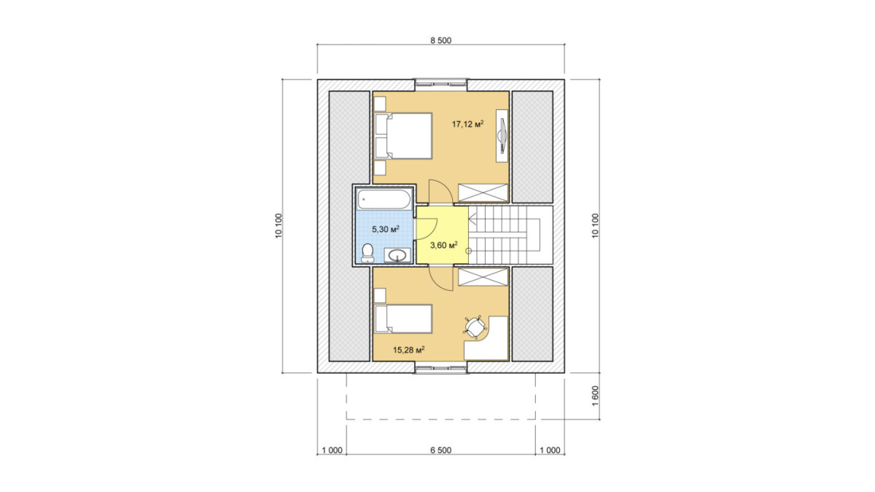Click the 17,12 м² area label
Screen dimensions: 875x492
pyautogui.click(x=467, y=124)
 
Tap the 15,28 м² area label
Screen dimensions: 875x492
pyautogui.click(x=408, y=350)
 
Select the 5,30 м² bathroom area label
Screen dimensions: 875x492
pyautogui.click(x=386, y=229)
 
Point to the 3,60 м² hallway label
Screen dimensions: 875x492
pyautogui.click(x=444, y=245)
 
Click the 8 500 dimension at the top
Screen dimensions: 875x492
pyautogui.click(x=440, y=41)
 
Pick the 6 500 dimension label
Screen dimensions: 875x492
pyautogui.click(x=440, y=450)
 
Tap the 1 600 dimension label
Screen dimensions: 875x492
pyautogui.click(x=595, y=396)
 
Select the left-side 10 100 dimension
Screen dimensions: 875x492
pyautogui.click(x=279, y=226)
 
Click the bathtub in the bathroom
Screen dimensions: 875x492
pyautogui.click(x=384, y=199)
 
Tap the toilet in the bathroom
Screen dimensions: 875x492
pyautogui.click(x=367, y=253)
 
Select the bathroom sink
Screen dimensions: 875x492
pyautogui.click(x=397, y=255)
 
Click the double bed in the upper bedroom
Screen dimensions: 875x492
pyautogui.click(x=403, y=136)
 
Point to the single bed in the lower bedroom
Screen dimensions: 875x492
pyautogui.click(x=403, y=319)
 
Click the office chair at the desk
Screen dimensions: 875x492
pyautogui.click(x=475, y=327)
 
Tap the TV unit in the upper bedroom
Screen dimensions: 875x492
pyautogui.click(x=502, y=136)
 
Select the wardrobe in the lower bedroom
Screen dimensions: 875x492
pyautogui.click(x=483, y=277)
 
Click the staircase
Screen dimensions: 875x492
pyautogui.click(x=510, y=235)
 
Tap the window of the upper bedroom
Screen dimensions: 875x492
pyautogui.click(x=440, y=83)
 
